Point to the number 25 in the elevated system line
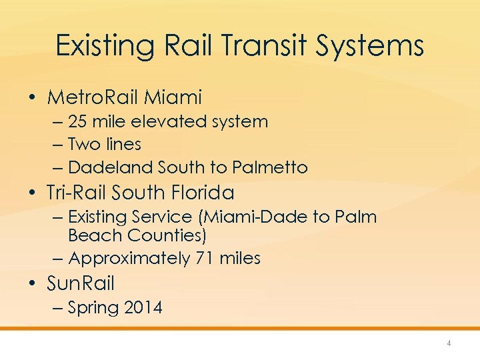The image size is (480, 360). [x=78, y=122]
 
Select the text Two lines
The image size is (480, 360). [x=105, y=144]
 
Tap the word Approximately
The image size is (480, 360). [x=129, y=258]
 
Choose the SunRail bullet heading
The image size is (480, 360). [x=81, y=284]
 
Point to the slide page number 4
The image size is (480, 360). [x=449, y=343]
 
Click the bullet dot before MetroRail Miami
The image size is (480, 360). [x=32, y=98]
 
